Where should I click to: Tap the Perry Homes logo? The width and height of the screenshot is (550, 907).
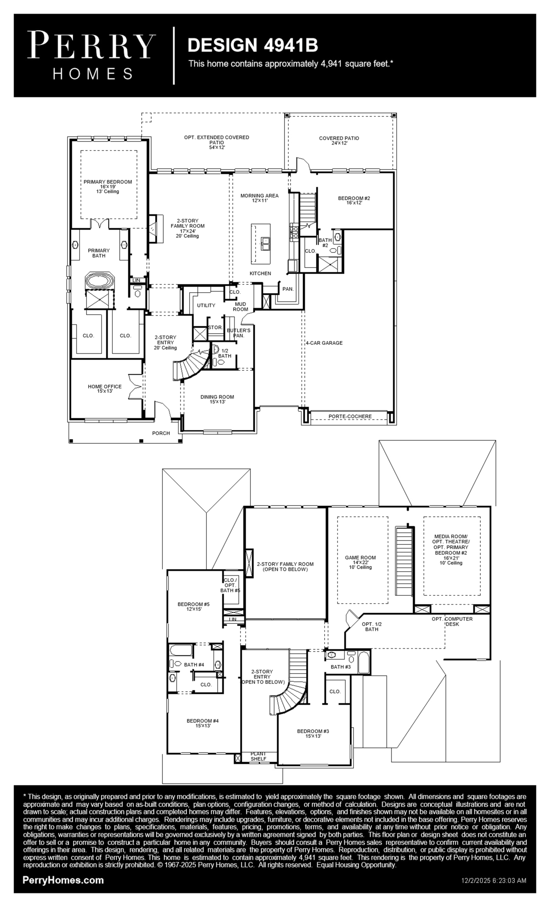tap(91, 55)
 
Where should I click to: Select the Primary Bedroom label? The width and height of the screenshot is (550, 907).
tap(108, 182)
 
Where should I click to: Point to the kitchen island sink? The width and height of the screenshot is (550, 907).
tap(265, 243)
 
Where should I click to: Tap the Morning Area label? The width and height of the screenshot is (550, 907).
tap(260, 196)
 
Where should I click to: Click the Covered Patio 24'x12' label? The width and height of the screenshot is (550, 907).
tap(339, 141)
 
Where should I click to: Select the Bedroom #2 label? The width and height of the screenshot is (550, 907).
tap(354, 198)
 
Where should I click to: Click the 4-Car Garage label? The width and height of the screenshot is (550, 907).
tap(324, 343)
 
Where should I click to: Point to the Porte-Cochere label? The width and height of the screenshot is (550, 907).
tap(350, 416)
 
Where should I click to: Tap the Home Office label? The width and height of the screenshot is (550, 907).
tap(105, 387)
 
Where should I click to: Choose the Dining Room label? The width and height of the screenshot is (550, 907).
tap(217, 397)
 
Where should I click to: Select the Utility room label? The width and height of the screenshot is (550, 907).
tap(206, 306)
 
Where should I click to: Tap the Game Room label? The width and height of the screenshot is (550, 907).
tap(360, 557)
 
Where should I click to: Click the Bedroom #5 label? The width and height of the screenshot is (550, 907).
tap(194, 604)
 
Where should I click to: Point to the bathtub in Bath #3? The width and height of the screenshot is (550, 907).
tap(364, 663)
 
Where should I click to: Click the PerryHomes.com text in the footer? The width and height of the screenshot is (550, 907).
tap(63, 880)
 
